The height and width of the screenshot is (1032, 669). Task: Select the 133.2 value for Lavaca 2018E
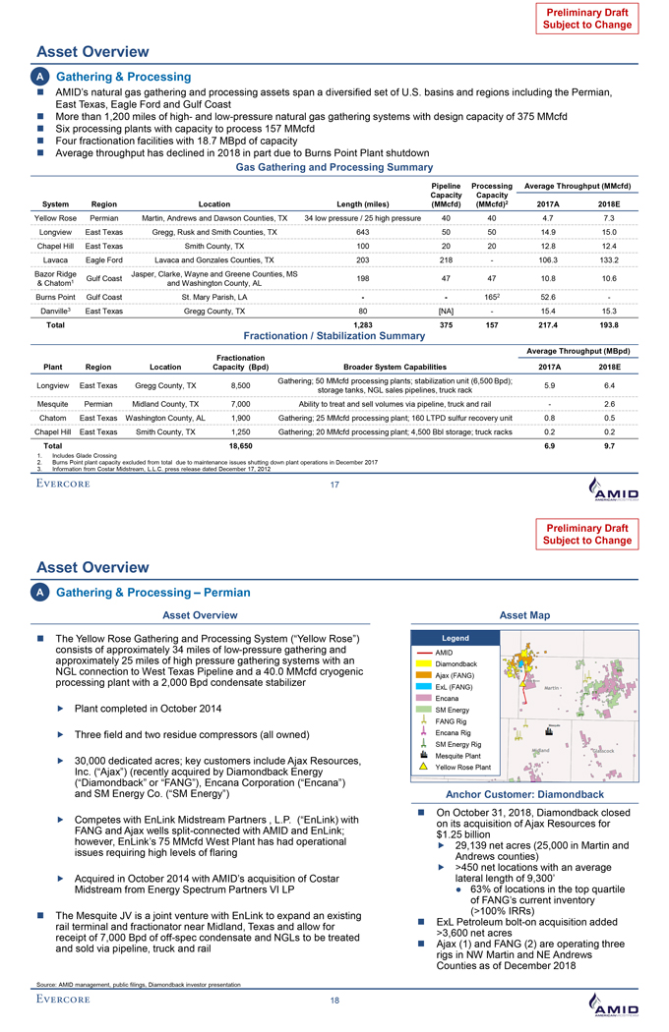606,259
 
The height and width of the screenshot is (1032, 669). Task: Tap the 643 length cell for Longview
363,232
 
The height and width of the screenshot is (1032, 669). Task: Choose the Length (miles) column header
363,202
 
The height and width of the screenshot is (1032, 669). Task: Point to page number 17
334,483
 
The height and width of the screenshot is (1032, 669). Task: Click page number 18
334,1000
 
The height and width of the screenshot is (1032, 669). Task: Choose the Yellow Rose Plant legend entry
464,766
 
